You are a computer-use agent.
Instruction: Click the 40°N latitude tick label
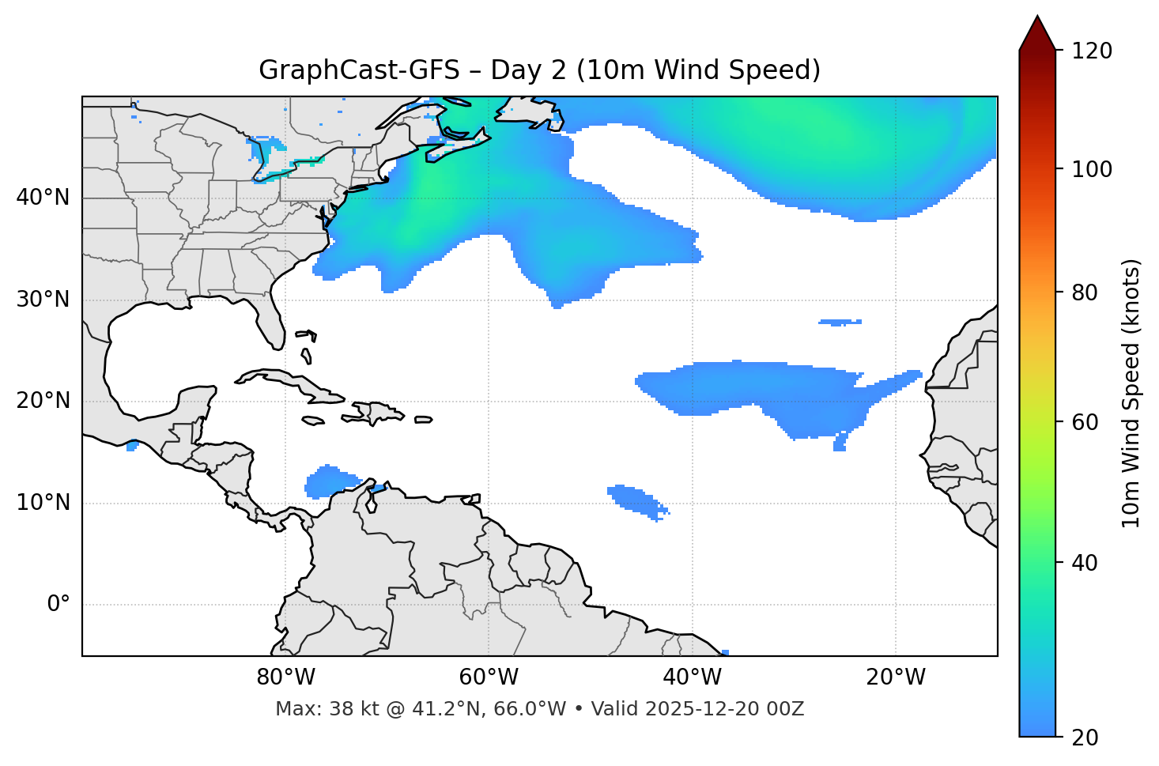pos(43,198)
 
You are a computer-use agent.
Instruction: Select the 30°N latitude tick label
pos(43,300)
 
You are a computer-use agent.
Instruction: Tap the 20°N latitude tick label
pos(43,401)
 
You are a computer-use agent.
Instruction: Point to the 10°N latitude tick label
pos(43,503)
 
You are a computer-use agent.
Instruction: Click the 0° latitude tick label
pos(59,605)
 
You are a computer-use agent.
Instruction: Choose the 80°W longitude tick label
pos(285,677)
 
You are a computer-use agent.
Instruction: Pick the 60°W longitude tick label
pos(489,677)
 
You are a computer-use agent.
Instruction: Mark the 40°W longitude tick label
pos(692,677)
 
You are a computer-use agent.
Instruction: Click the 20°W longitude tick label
pos(896,677)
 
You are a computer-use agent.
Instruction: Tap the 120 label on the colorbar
pos(1091,51)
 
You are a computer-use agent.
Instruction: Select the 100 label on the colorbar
pos(1091,169)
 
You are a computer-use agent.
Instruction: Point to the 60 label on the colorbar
pos(1085,422)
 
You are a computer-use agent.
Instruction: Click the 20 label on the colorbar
pos(1085,738)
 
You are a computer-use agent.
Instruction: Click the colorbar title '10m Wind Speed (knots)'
pos(1131,393)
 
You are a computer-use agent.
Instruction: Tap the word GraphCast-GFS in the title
pos(359,70)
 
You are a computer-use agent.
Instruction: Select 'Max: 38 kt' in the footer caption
pos(314,709)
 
